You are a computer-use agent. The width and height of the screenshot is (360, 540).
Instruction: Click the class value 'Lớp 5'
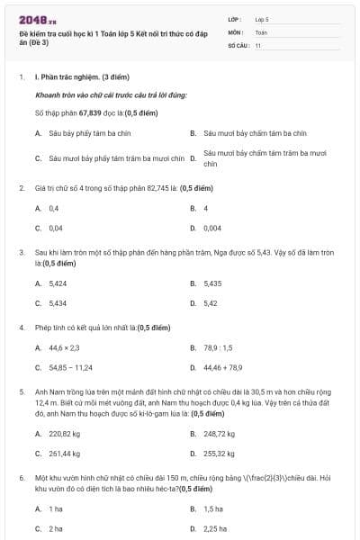[262, 18]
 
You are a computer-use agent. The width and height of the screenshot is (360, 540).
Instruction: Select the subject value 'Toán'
[261, 31]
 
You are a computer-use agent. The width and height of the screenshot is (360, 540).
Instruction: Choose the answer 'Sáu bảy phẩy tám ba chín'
[82, 132]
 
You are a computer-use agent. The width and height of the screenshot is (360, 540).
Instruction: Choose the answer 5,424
[58, 283]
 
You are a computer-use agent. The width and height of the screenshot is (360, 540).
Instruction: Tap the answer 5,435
[212, 283]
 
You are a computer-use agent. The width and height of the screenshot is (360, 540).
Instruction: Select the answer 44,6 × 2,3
[64, 347]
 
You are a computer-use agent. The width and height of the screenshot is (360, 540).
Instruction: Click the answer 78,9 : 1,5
[218, 347]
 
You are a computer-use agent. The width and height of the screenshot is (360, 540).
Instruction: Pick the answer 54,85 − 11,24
[71, 367]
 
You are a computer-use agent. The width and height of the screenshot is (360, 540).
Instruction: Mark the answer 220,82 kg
[65, 433]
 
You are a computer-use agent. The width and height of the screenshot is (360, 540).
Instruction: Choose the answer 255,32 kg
[220, 453]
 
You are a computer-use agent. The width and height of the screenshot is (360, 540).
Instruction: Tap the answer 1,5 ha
[213, 508]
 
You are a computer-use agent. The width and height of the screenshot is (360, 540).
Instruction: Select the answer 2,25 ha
[214, 528]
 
